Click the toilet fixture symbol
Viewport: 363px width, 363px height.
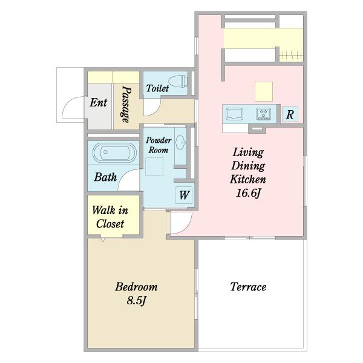[x=178, y=81]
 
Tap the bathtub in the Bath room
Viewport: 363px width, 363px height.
[x=115, y=152]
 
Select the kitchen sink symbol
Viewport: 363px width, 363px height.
[x=234, y=114]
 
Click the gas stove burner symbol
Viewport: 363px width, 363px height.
[x=263, y=114]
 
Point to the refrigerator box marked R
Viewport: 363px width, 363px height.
[x=290, y=114]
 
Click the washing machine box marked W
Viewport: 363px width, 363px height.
[x=184, y=195]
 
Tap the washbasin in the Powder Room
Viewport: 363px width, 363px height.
[x=180, y=141]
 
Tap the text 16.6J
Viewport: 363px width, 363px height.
[x=248, y=193]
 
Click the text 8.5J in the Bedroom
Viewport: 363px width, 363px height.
[x=137, y=301]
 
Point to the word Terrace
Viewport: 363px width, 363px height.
[x=248, y=287]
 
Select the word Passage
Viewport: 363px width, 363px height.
[x=126, y=104]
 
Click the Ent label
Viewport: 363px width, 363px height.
[x=99, y=103]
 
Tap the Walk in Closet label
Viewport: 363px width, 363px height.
[x=110, y=217]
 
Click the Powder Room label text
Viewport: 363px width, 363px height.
[x=159, y=145]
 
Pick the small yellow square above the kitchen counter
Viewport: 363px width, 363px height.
[x=264, y=91]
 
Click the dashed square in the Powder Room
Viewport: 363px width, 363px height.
[x=154, y=166]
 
